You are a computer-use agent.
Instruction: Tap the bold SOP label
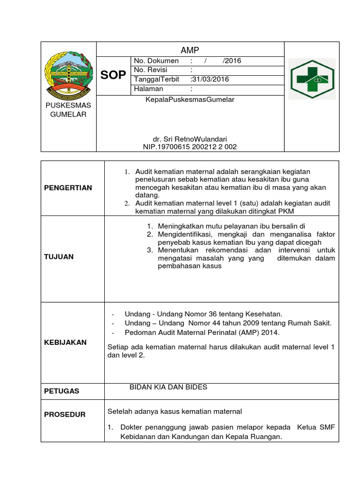point(113,75)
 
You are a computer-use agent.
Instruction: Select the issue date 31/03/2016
point(209,79)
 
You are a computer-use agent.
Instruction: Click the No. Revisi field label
point(148,70)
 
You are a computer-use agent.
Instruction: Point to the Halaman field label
point(148,89)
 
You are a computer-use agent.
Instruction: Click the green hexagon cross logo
point(311,79)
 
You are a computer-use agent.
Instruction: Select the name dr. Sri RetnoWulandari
point(190,139)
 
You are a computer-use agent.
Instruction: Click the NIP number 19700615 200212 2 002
point(190,147)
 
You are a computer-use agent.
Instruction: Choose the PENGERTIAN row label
point(68,188)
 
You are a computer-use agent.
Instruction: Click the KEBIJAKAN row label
point(65,342)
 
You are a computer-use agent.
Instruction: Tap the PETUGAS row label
point(62,391)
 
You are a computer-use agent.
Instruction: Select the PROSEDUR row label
point(65,414)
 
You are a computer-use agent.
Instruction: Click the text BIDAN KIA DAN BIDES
point(168,387)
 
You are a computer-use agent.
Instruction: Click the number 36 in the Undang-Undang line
point(200,314)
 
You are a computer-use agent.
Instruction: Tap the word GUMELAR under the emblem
point(68,114)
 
